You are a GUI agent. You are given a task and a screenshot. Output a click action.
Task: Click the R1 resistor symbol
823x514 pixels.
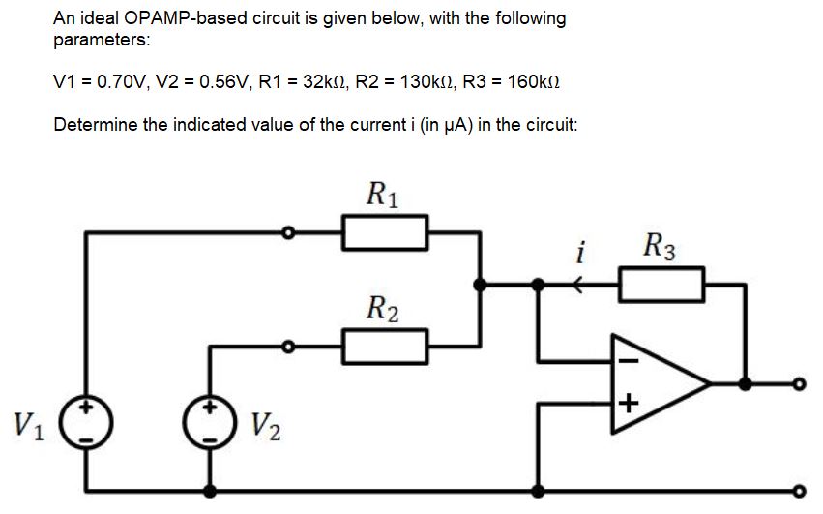(385, 232)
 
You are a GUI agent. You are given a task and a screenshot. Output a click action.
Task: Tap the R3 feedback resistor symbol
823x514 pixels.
(661, 285)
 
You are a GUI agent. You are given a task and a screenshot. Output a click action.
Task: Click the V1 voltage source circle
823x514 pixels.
(87, 423)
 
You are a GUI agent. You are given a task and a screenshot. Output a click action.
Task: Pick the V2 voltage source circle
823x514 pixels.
(210, 423)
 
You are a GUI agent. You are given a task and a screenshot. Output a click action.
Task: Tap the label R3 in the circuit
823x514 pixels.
(661, 246)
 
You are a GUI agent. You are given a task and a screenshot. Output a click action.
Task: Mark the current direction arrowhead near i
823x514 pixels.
(578, 285)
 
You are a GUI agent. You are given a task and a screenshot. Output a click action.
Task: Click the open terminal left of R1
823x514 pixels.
(287, 232)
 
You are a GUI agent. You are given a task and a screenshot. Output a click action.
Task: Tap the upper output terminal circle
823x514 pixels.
(798, 383)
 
